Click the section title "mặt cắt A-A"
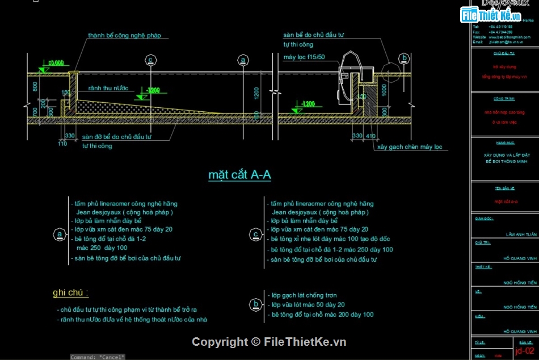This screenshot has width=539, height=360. tap(239, 175)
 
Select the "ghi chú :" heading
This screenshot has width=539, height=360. tap(70, 293)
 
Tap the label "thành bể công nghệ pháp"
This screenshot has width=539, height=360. tap(124, 35)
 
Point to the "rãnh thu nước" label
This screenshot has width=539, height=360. tap(108, 89)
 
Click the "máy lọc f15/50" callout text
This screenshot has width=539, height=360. tap(304, 57)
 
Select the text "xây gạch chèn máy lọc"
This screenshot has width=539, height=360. tap(410, 147)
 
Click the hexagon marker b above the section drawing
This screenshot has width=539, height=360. tap(404, 58)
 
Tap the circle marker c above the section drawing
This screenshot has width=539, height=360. tap(150, 59)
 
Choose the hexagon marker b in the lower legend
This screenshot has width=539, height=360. tap(255, 305)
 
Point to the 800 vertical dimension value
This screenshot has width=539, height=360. tap(35, 87)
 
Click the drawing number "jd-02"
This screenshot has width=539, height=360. tap(524, 351)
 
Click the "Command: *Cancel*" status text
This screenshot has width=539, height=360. tap(97, 357)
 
